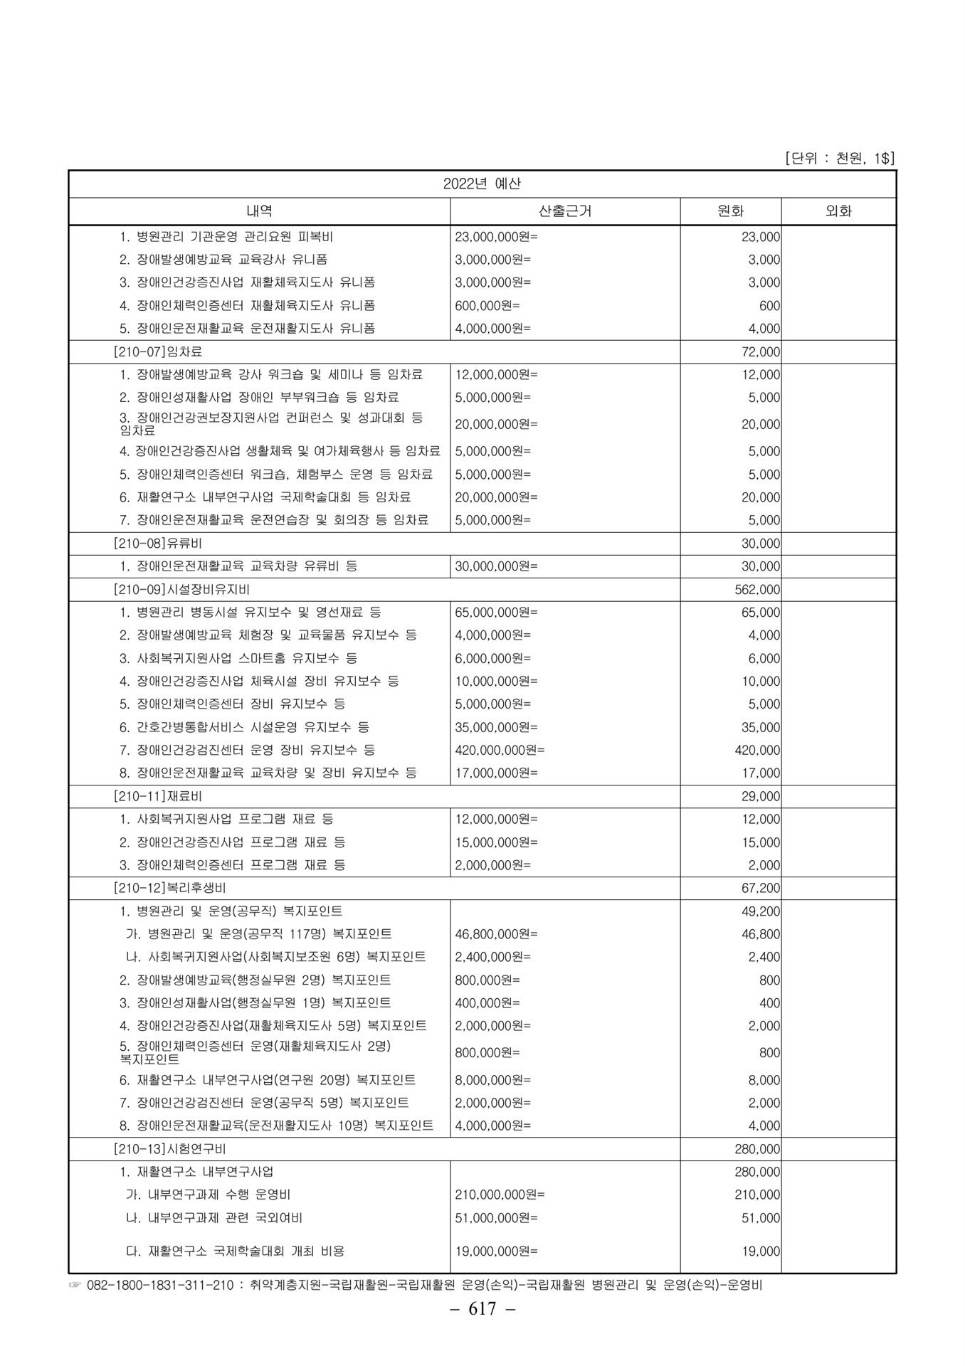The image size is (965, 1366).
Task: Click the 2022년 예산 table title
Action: coord(482,184)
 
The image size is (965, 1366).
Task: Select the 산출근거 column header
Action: coord(565,211)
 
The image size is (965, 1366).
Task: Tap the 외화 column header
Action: coord(838,211)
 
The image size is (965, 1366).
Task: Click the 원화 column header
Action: coord(730,211)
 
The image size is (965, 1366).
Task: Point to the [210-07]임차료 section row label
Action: coord(157,351)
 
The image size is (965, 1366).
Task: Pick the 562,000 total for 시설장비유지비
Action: coord(757,590)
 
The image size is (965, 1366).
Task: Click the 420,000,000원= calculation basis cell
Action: coord(500,750)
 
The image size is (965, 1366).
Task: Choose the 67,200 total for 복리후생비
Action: coord(761,888)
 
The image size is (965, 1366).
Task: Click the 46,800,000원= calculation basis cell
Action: coord(497,934)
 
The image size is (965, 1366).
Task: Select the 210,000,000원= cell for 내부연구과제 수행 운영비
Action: coord(500,1195)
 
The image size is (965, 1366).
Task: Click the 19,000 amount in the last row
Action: coord(761,1251)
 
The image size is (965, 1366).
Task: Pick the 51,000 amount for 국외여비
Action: coord(761,1218)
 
